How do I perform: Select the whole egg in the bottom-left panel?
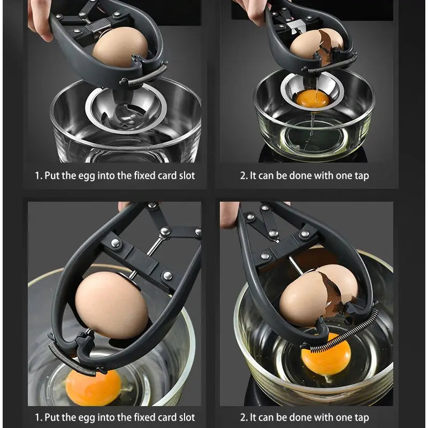[x=111, y=305]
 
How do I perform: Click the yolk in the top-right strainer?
[x=312, y=98]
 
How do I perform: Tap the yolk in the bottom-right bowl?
[x=326, y=357]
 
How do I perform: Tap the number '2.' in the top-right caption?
[x=243, y=175]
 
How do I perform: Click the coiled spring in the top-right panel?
[x=332, y=64]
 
